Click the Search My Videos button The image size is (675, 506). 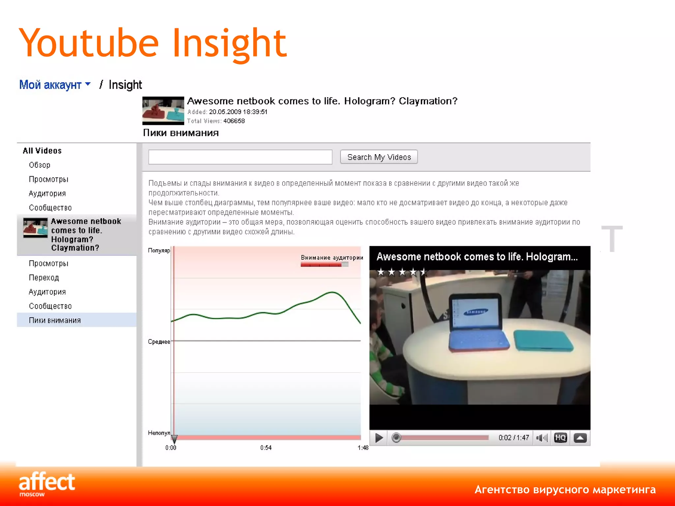pos(379,157)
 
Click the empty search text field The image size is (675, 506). pos(240,157)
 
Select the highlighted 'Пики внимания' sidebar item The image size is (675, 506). pos(55,320)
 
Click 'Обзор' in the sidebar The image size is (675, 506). pos(40,165)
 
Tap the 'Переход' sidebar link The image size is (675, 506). pos(44,278)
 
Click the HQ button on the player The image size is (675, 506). pos(560,438)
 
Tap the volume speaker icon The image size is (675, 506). pos(541,438)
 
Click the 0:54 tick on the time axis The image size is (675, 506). pos(266,447)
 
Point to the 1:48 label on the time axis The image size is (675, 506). pos(363,448)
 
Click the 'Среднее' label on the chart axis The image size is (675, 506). pos(159,342)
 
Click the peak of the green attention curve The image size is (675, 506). pos(332,292)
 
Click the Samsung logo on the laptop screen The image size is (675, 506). pos(476,312)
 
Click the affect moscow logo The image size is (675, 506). pos(46,484)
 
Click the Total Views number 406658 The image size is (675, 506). pos(234,121)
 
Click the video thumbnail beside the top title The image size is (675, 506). pos(163,111)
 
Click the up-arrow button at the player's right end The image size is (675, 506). pos(580,438)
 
